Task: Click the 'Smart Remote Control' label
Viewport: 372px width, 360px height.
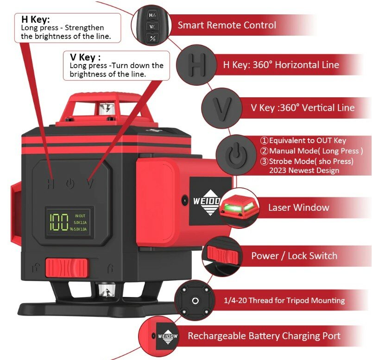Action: [x=227, y=25]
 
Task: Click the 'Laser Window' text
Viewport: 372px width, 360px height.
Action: [x=299, y=207]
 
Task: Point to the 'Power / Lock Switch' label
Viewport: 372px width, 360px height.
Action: [x=294, y=255]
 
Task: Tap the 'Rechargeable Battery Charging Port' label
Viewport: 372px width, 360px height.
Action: [x=264, y=336]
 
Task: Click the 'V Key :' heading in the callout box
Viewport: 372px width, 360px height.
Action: [x=85, y=57]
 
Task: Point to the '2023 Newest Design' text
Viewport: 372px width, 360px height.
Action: [x=304, y=170]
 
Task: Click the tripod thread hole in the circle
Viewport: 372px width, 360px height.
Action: [x=195, y=301]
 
